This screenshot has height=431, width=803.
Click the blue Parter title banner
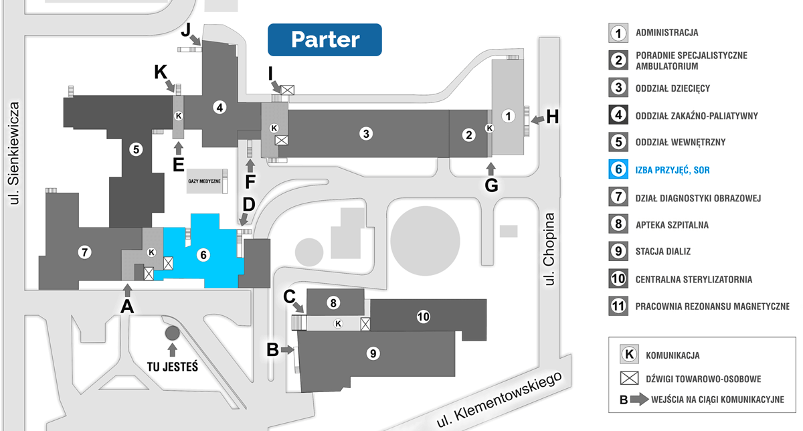(325, 39)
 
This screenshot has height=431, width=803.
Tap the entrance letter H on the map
(552, 117)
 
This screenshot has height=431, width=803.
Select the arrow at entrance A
(128, 289)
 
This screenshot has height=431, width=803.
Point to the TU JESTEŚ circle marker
(172, 333)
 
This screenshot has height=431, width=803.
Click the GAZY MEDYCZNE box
(204, 181)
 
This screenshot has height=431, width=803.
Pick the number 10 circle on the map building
(422, 317)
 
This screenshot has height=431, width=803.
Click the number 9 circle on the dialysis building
(373, 353)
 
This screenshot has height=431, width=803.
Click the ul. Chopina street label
(550, 249)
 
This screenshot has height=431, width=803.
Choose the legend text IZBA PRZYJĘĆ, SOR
(673, 171)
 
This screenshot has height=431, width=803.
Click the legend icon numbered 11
(618, 307)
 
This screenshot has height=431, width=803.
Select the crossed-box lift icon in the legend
(628, 378)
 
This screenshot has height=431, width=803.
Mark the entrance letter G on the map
(491, 185)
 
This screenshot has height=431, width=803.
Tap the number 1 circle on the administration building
(509, 116)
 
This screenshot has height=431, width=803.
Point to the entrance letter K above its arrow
(161, 72)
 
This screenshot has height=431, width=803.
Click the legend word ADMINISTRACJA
(667, 32)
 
